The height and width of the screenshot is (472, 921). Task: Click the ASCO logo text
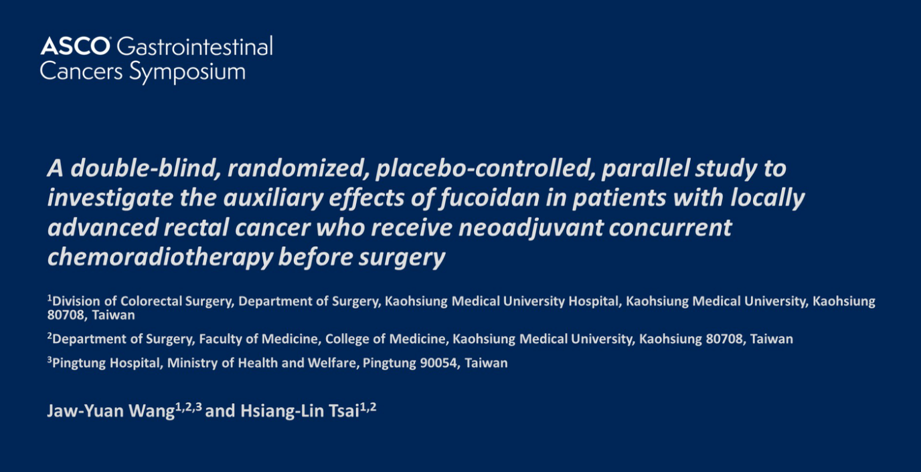(75, 45)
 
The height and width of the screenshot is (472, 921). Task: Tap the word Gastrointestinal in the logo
(195, 45)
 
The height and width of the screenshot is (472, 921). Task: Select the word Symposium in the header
(187, 72)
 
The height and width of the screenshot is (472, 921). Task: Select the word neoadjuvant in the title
(531, 228)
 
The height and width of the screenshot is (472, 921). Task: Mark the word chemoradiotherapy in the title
(160, 257)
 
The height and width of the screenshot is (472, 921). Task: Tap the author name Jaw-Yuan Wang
(111, 411)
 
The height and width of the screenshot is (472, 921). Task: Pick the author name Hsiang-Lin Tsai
(300, 411)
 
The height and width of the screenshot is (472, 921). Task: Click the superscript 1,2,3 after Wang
(189, 407)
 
